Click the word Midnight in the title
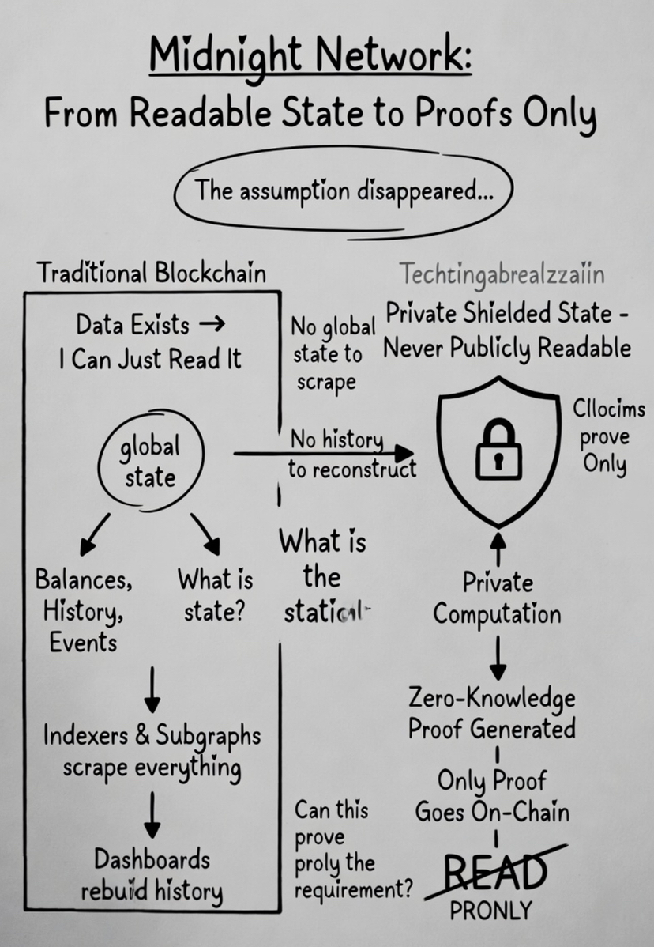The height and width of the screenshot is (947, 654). click(x=221, y=58)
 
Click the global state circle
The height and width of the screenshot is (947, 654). click(x=149, y=462)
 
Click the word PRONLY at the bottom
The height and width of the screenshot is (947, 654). click(x=491, y=911)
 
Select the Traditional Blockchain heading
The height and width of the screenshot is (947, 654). click(x=152, y=273)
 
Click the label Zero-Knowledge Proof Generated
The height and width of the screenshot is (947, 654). click(x=491, y=713)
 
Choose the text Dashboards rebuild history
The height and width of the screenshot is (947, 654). click(x=152, y=875)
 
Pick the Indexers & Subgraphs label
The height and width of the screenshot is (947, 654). click(x=152, y=750)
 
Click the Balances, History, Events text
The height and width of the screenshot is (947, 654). click(x=83, y=610)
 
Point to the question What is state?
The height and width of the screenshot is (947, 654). click(x=215, y=594)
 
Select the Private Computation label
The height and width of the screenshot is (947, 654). click(x=498, y=598)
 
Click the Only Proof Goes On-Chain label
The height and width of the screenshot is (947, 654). click(x=492, y=795)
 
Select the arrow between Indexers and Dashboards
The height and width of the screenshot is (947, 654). click(x=152, y=811)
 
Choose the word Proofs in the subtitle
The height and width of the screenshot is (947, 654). click(x=465, y=114)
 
